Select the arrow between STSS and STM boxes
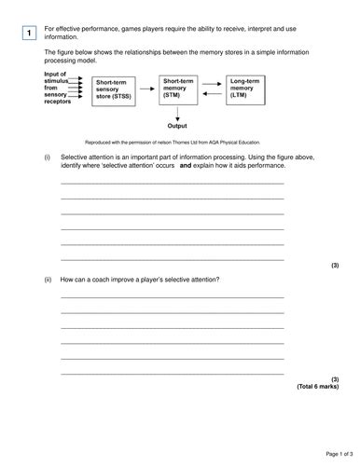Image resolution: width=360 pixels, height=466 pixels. (x=150, y=85)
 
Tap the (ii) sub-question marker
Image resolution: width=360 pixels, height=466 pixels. (x=48, y=280)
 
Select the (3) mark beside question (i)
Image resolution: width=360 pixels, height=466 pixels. (x=334, y=266)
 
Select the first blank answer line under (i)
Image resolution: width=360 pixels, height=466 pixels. (x=173, y=184)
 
